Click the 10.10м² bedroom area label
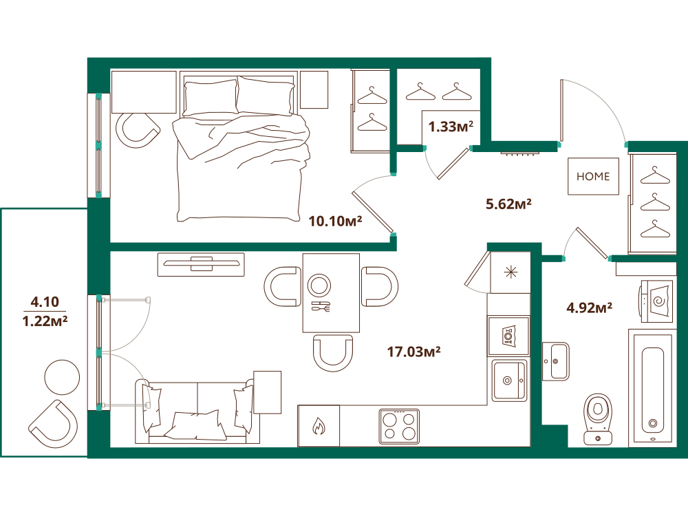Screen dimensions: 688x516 (x=335, y=221)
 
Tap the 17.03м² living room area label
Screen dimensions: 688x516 (x=413, y=352)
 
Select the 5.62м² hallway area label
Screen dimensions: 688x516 (x=508, y=204)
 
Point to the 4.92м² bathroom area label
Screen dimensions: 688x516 (x=590, y=308)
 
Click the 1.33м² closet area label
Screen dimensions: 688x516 (x=451, y=127)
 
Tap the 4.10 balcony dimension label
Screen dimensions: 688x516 (x=45, y=301)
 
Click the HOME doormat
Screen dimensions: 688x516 (x=593, y=176)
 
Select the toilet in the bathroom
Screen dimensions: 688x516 (x=598, y=419)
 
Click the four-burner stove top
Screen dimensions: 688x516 (x=399, y=427)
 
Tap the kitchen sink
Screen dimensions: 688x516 (x=509, y=380)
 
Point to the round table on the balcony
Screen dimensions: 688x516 (x=63, y=377)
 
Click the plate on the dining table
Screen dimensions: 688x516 (x=319, y=286)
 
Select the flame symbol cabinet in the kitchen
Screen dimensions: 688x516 (x=319, y=426)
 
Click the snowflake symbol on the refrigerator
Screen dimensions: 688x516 (x=510, y=272)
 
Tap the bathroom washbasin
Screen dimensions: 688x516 (x=556, y=361)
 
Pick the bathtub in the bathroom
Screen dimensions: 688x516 (x=652, y=389)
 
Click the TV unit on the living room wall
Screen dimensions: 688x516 (x=201, y=264)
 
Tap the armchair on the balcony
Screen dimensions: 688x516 (x=54, y=424)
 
